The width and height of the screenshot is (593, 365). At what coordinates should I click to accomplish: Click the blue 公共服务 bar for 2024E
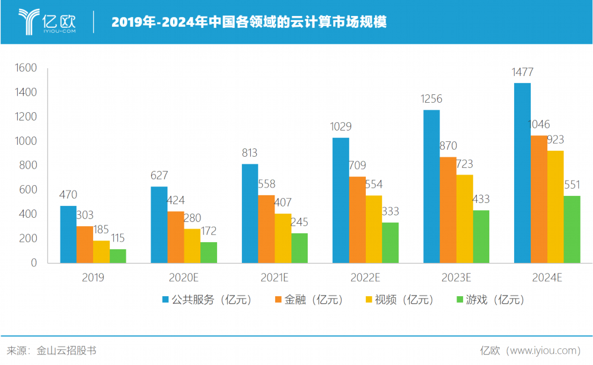(x=522, y=173)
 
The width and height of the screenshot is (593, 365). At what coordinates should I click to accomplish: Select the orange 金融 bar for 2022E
(x=357, y=220)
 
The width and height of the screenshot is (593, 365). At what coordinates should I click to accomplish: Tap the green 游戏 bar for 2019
(x=118, y=256)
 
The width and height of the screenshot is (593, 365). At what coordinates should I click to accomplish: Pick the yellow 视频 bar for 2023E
(x=464, y=218)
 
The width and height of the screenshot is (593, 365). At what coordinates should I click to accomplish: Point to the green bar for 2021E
(x=299, y=247)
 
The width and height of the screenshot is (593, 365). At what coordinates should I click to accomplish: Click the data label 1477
(x=522, y=72)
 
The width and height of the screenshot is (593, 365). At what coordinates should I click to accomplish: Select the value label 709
(x=357, y=166)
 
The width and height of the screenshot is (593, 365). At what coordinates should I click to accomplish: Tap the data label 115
(x=118, y=238)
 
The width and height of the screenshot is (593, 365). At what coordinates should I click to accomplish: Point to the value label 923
(x=555, y=140)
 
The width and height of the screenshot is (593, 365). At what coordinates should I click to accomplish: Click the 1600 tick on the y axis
(x=26, y=68)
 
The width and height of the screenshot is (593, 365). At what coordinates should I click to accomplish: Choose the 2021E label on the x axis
(x=275, y=277)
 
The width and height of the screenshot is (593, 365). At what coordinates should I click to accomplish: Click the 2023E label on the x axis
(x=456, y=277)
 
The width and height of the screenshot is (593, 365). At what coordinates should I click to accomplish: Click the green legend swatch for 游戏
(x=458, y=300)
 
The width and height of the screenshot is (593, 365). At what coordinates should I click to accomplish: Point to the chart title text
(x=249, y=23)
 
